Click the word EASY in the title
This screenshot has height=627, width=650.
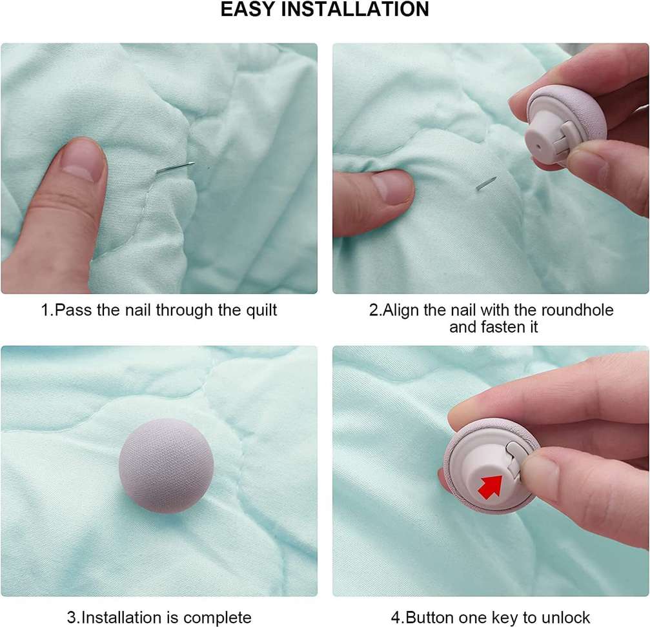249,9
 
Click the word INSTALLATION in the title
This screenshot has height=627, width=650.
355,9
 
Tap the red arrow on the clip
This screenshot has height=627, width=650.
490,486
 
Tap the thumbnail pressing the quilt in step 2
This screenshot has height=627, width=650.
392,186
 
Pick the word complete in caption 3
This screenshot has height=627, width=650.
218,618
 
